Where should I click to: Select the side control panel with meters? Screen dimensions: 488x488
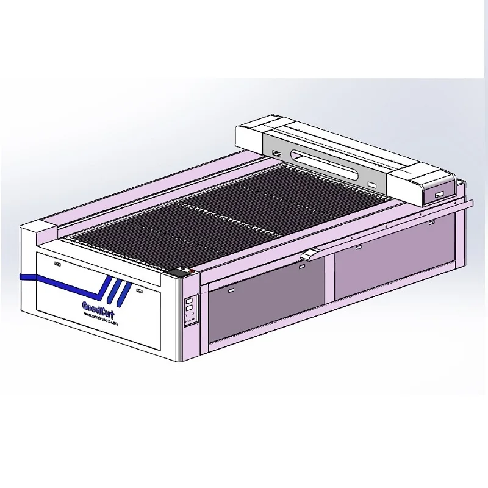(x=191, y=310)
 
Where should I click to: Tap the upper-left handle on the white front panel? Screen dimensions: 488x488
(x=59, y=264)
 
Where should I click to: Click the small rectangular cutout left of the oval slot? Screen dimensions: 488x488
(x=276, y=153)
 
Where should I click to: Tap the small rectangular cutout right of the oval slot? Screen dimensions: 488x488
(x=371, y=184)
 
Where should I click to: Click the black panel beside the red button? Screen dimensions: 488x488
(x=181, y=271)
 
